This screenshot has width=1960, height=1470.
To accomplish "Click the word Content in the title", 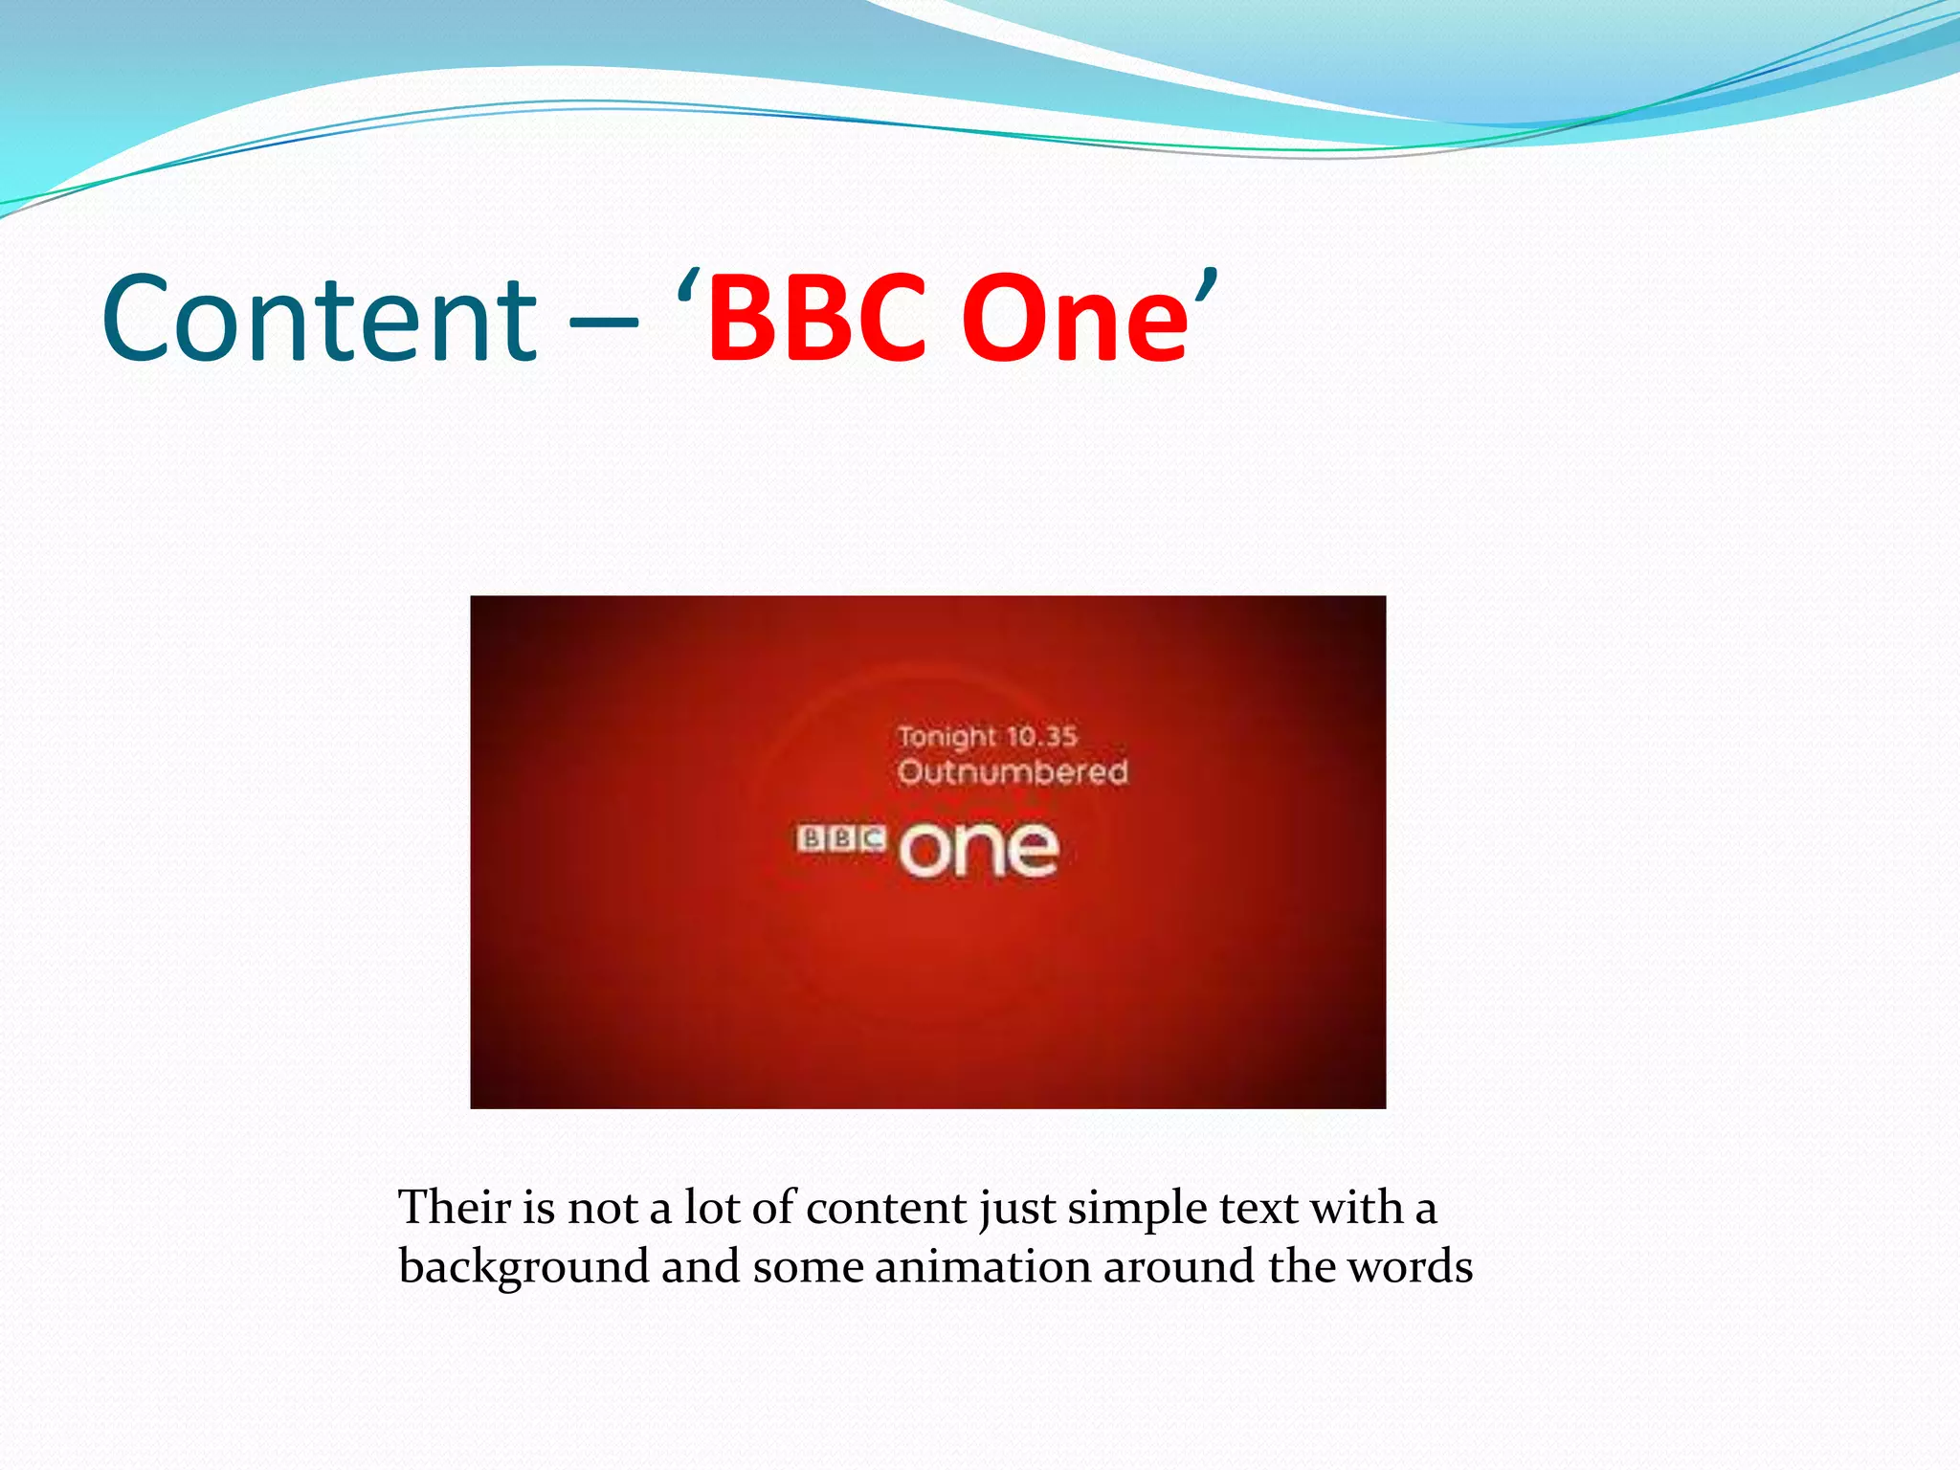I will click(x=319, y=318).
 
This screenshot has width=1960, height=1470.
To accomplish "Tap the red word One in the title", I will click(x=1074, y=318).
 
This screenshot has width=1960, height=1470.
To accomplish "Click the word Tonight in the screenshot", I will click(x=947, y=737).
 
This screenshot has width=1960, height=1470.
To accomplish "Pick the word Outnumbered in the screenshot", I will click(x=1013, y=771).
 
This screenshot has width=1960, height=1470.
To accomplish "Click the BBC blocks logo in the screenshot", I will click(x=841, y=839).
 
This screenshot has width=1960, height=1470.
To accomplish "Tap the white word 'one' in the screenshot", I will click(x=978, y=849).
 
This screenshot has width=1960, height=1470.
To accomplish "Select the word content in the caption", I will click(x=886, y=1208).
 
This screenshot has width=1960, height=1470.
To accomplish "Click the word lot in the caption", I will click(x=712, y=1207).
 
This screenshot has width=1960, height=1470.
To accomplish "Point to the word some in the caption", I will click(x=808, y=1266).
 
